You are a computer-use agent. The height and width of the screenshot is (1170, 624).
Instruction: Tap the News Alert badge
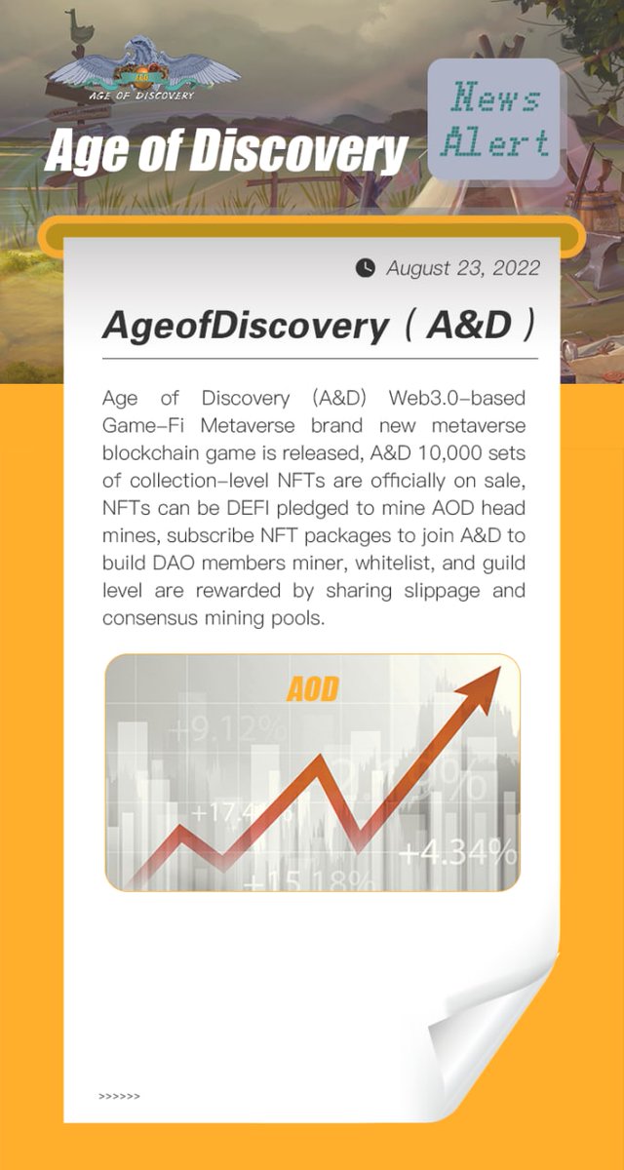point(494,120)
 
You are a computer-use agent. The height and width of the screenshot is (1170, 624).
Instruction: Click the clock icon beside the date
point(366,267)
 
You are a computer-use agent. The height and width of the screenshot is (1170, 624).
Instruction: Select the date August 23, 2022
point(462,267)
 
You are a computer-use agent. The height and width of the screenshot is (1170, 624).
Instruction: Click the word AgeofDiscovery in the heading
point(245,326)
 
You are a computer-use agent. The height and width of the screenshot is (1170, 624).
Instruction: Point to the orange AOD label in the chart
point(313,689)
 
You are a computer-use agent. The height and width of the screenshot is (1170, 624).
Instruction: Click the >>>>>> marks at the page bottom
point(119,1096)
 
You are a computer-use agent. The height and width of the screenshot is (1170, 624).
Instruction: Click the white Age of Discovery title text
point(225,152)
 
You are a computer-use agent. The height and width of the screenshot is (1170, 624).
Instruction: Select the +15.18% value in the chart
point(310,882)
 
